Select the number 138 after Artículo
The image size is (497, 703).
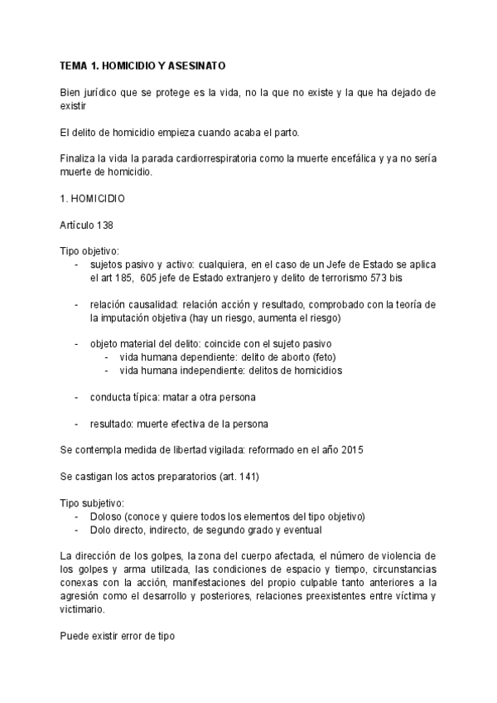(x=104, y=225)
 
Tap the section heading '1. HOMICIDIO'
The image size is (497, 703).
(x=92, y=199)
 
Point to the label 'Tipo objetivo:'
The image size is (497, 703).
(x=89, y=250)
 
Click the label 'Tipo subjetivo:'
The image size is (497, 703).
(x=91, y=503)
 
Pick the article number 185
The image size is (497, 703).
(x=128, y=279)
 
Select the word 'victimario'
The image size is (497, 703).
(x=82, y=608)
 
